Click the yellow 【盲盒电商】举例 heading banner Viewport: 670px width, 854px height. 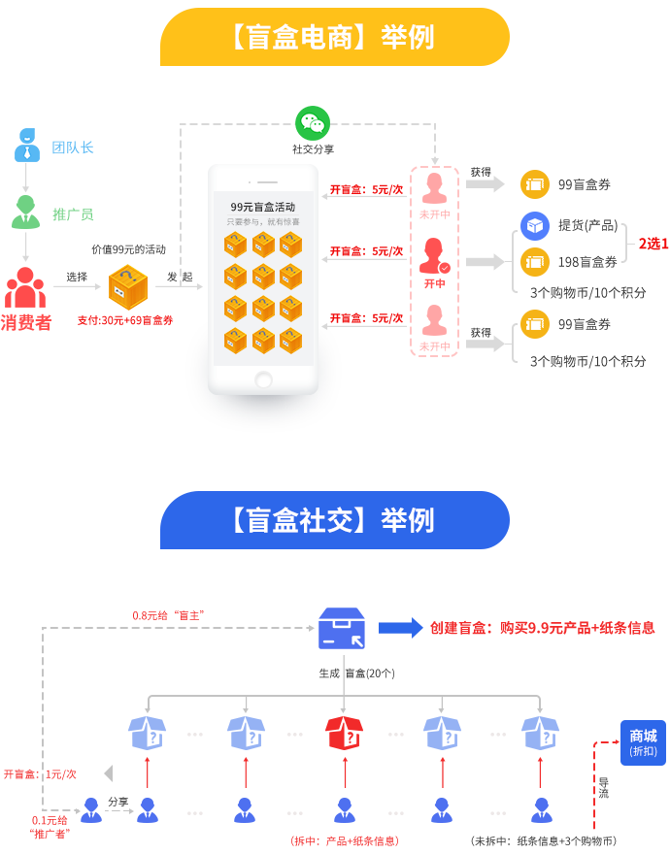[334, 37]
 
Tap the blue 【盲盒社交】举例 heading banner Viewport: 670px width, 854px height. [334, 520]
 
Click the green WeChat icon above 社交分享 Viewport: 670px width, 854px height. [313, 123]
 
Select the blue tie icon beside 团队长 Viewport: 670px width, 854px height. [27, 146]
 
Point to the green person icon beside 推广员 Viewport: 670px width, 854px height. [25, 213]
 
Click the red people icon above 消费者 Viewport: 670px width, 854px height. [24, 287]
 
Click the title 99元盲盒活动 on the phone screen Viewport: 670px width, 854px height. [262, 207]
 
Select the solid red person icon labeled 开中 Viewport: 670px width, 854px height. [435, 255]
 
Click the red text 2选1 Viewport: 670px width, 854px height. [653, 244]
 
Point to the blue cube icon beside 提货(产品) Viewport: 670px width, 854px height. [534, 225]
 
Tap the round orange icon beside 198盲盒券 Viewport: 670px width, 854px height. [534, 262]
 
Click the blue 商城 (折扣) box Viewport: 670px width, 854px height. [643, 741]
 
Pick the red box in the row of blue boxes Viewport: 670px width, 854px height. [345, 733]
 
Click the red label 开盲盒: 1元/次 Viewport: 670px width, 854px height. [40, 774]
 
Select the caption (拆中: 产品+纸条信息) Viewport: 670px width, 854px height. [344, 840]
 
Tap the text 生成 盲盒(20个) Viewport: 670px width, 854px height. [356, 673]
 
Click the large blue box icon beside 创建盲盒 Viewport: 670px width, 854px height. [342, 629]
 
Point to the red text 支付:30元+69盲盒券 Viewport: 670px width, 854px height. [125, 319]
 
